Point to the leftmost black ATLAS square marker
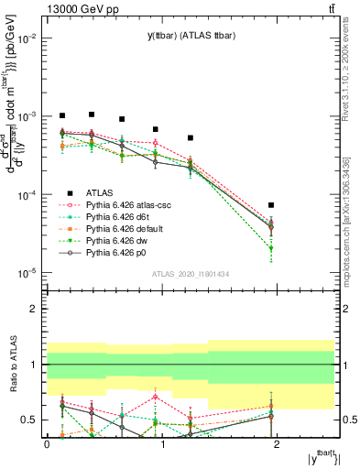point(62,115)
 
